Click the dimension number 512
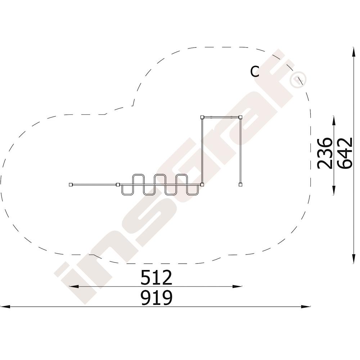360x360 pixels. click(156, 278)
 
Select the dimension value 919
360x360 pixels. click(156, 298)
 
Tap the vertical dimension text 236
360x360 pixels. click(324, 153)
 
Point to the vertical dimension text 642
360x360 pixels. click(345, 153)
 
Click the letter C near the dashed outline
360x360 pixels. click(255, 71)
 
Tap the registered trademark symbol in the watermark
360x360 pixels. click(298, 80)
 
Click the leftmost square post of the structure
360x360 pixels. click(71, 184)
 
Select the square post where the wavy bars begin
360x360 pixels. click(118, 184)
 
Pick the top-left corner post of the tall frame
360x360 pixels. click(202, 117)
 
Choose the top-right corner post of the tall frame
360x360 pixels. click(240, 117)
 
